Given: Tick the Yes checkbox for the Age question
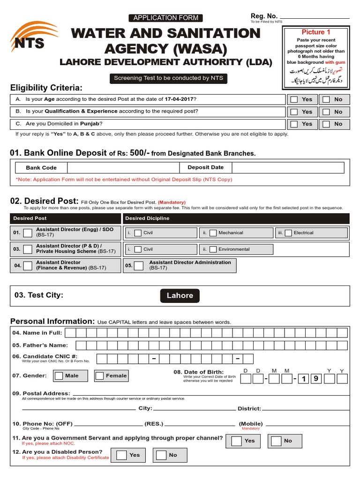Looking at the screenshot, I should coord(294,99).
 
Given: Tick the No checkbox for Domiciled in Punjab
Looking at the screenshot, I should coord(326,124).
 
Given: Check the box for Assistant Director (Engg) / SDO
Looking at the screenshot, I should coord(28,232).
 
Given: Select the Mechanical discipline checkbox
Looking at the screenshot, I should coord(213,233).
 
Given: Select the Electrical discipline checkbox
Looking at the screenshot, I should coord(288,233).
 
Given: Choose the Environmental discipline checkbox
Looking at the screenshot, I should coord(213,249).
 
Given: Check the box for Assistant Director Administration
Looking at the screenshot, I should coord(138,266).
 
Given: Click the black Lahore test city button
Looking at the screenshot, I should coord(180,295).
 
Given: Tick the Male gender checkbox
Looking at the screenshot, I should coord(59,375).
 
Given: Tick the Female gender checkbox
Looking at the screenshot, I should coord(99,375).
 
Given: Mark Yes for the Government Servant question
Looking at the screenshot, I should coord(237,441).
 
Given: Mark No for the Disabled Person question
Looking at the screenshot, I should coord(161,455).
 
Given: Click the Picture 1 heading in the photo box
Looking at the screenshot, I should coord(316,32).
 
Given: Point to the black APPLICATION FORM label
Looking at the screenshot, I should coord(166,18).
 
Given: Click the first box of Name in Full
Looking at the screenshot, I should coord(70,333).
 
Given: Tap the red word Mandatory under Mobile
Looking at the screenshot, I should coord(251,428).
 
